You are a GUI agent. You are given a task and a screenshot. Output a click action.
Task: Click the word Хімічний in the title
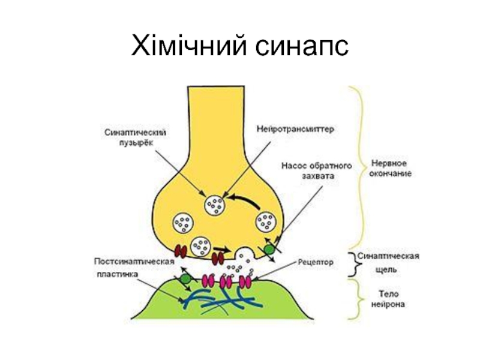189,45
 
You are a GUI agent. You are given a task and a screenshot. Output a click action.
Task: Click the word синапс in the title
302,47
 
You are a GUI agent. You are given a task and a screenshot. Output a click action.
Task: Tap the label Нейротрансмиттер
295,129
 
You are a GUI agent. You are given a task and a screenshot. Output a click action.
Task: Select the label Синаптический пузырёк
136,137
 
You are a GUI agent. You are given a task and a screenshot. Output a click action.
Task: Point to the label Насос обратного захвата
317,171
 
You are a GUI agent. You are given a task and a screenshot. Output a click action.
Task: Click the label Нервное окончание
390,169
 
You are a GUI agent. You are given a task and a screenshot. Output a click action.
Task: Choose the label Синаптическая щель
388,263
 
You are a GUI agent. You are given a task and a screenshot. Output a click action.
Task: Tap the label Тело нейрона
388,299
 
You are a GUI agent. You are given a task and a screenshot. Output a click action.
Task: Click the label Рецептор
316,262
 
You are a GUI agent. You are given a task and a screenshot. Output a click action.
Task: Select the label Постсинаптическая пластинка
134,268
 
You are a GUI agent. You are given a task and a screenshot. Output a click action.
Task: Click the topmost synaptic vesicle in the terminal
215,205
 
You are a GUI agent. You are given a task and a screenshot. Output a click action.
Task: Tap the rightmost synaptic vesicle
266,222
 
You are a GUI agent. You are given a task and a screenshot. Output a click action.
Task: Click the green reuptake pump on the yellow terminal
269,250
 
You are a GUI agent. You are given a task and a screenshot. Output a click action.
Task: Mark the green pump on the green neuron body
185,279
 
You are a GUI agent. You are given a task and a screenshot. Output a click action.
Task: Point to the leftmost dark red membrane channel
181,251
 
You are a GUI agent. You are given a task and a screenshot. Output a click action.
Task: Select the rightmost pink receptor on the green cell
245,282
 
